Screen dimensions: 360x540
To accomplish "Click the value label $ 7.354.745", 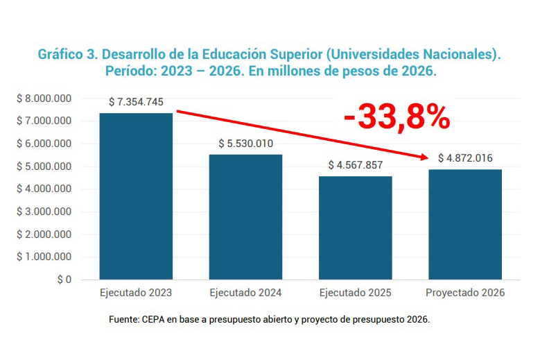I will pyautogui.click(x=136, y=102).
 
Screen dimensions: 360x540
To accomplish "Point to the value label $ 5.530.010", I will pyautogui.click(x=245, y=144).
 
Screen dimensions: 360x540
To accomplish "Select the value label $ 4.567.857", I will pyautogui.click(x=356, y=165).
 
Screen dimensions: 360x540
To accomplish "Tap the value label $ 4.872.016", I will pyautogui.click(x=465, y=158).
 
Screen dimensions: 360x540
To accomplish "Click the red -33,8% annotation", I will pyautogui.click(x=397, y=117).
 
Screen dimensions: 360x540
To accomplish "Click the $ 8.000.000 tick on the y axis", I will pyautogui.click(x=44, y=98).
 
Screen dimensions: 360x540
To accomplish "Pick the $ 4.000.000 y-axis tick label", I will pyautogui.click(x=44, y=189).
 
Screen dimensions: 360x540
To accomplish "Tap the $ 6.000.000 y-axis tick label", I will pyautogui.click(x=44, y=144).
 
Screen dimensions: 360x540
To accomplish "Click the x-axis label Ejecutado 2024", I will pyautogui.click(x=245, y=293).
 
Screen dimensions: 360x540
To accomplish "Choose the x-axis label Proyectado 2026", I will pyautogui.click(x=465, y=293).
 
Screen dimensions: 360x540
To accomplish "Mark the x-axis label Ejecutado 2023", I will pyautogui.click(x=136, y=293).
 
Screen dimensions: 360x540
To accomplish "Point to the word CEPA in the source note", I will pyautogui.click(x=155, y=320).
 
